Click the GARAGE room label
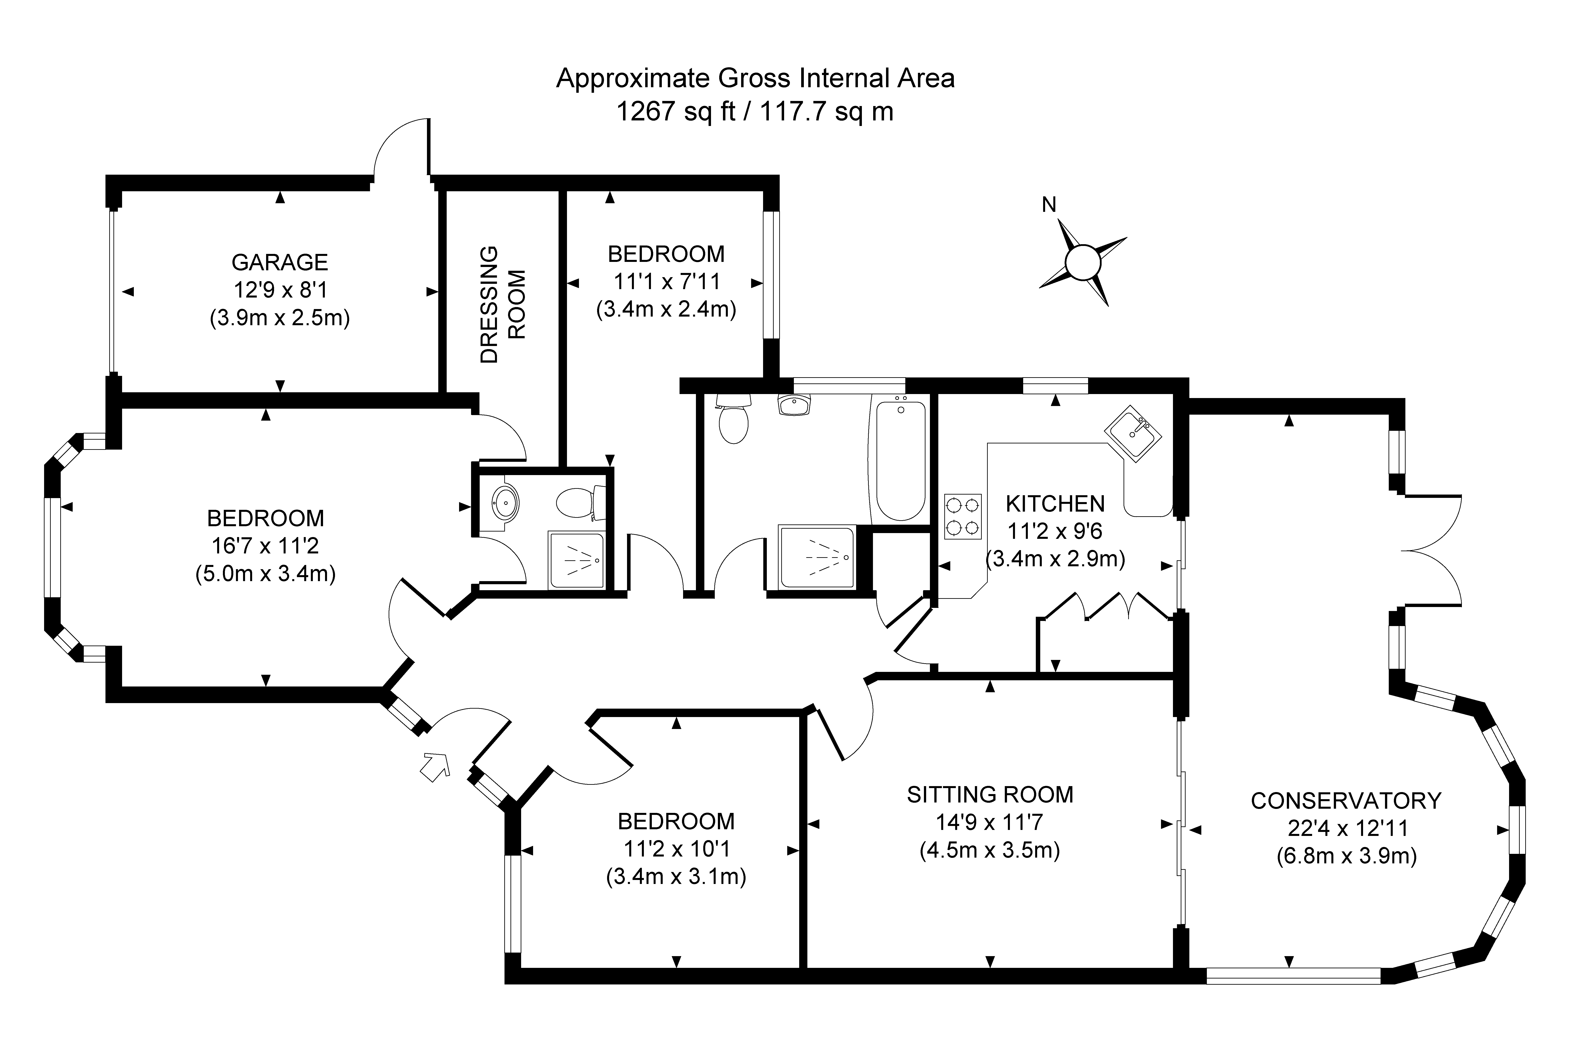click(x=280, y=262)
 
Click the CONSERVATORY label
click(x=1346, y=800)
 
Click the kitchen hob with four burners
click(x=962, y=516)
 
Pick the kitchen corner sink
click(x=1134, y=434)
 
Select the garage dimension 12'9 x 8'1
click(x=280, y=290)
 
